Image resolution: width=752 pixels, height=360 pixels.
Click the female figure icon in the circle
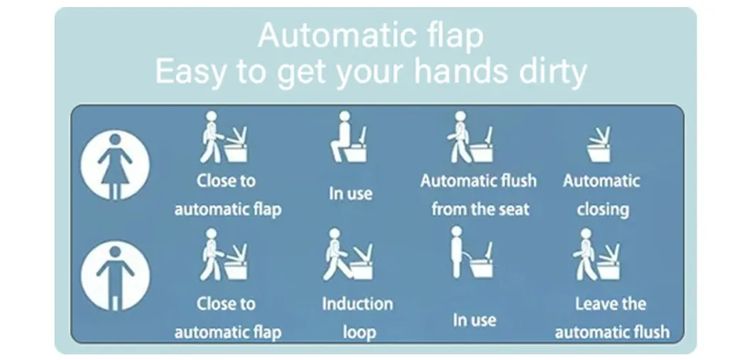tap(115, 165)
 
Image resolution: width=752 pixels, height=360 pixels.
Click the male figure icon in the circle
tap(115, 276)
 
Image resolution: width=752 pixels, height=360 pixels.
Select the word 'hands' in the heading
tap(449, 72)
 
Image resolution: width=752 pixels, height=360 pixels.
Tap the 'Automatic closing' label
tap(602, 195)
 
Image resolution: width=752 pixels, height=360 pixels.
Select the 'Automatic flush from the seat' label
tap(479, 195)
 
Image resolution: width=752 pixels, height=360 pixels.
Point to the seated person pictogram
tap(349, 138)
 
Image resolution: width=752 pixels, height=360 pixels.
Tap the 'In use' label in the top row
tap(350, 193)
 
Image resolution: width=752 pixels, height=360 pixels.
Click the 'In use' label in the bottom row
tap(474, 320)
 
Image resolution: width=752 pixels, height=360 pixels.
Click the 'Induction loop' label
tap(358, 317)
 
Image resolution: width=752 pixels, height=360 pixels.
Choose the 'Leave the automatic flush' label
tap(611, 317)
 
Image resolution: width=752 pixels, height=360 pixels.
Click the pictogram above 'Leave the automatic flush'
tap(597, 255)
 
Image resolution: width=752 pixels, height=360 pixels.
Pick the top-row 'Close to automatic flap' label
tap(227, 195)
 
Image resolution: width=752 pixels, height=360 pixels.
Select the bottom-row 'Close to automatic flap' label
tap(227, 317)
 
